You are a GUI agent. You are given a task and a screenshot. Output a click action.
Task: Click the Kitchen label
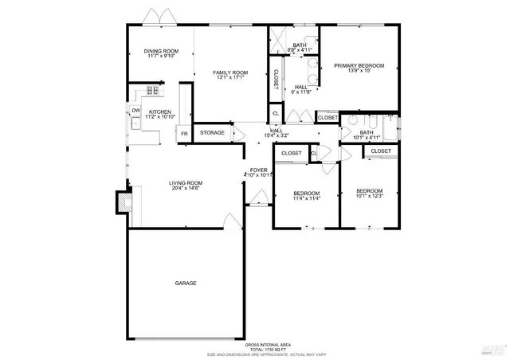pyautogui.click(x=160, y=112)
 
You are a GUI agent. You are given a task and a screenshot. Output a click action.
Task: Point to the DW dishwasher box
pyautogui.click(x=136, y=111)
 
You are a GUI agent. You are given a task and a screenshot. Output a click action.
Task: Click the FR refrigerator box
pyautogui.click(x=183, y=133)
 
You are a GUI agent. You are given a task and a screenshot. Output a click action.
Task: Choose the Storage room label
pyautogui.click(x=212, y=132)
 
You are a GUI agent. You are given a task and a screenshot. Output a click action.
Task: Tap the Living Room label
pyautogui.click(x=184, y=183)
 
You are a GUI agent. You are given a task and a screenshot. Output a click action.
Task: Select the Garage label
pyautogui.click(x=186, y=283)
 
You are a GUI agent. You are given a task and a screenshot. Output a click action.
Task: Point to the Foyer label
pyautogui.click(x=259, y=170)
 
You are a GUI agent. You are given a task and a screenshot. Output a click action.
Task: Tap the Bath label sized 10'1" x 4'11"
pyautogui.click(x=367, y=132)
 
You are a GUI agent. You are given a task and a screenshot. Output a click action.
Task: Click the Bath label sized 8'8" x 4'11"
pyautogui.click(x=300, y=45)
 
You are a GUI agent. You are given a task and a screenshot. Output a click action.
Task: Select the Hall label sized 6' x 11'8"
pyautogui.click(x=301, y=88)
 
